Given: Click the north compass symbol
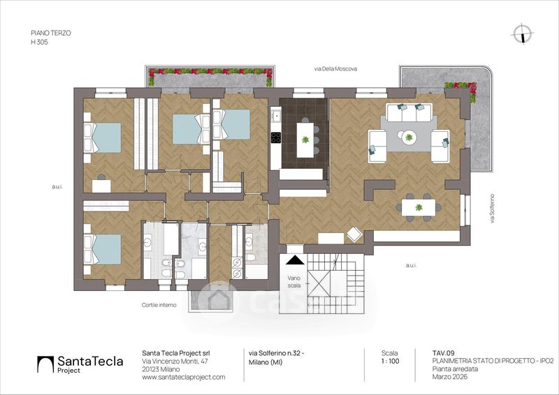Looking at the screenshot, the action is click(522, 34).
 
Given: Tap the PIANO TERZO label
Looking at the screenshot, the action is click(51, 33).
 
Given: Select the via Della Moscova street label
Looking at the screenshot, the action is click(335, 69).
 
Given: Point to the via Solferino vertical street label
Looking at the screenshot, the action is click(493, 209).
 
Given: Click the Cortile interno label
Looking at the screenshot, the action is click(159, 305).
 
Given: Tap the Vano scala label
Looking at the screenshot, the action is click(294, 282).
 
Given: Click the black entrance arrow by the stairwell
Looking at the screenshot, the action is click(295, 260).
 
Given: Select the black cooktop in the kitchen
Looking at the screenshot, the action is click(275, 137).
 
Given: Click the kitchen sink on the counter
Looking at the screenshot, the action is click(275, 115).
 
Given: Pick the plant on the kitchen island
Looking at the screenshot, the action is click(305, 140).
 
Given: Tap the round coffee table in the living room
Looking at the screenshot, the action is click(409, 137).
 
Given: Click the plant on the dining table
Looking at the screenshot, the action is click(419, 207).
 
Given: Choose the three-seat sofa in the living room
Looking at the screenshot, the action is click(409, 112).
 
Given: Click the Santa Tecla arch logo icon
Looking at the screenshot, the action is click(45, 364).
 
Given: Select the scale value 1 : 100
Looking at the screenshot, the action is click(390, 362).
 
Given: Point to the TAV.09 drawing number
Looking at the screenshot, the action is click(444, 353).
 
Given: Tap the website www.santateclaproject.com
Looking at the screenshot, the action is click(184, 377).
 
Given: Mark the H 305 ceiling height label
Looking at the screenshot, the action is click(39, 42).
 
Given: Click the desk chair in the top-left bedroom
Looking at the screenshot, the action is click(101, 177).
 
